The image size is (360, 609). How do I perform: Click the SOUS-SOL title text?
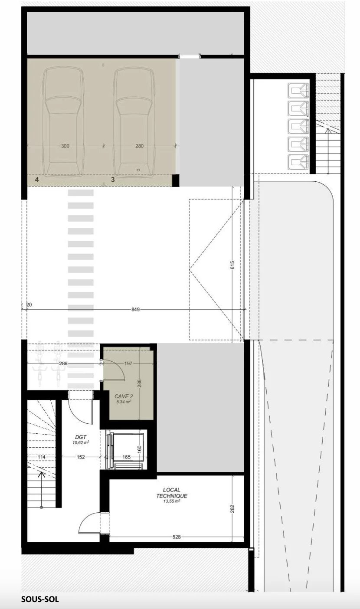pyautogui.click(x=40, y=599)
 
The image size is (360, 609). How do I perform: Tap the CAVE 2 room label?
pyautogui.click(x=124, y=396)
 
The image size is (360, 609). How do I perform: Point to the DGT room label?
pyautogui.click(x=81, y=437)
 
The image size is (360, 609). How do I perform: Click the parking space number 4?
pyautogui.click(x=37, y=180)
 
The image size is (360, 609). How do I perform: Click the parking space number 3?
pyautogui.click(x=113, y=180)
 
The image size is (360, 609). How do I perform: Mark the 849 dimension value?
pyautogui.click(x=135, y=309)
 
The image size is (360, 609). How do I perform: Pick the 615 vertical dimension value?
pyautogui.click(x=232, y=265)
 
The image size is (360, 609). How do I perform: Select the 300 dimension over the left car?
pyautogui.click(x=65, y=146)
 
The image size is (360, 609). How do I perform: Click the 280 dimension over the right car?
pyautogui.click(x=139, y=146)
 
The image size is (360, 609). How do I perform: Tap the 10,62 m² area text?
pyautogui.click(x=81, y=442)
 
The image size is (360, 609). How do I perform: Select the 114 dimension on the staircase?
pyautogui.click(x=42, y=457)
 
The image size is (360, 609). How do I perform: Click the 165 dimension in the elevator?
pyautogui.click(x=127, y=457)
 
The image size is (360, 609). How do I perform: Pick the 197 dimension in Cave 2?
pyautogui.click(x=128, y=363)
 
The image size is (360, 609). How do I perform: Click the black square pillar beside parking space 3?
pyautogui.click(x=176, y=180)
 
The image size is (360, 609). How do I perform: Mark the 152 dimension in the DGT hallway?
pyautogui.click(x=81, y=457)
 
